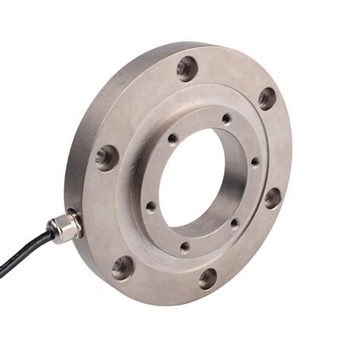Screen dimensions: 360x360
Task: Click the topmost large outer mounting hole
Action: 187,68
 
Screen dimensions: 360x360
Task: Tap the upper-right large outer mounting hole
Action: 267,97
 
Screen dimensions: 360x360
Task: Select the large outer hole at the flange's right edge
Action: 272,197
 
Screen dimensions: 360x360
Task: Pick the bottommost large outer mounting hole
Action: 207,278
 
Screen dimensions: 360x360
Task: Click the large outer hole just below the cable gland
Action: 122,267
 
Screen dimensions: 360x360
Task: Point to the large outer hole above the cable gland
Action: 107,157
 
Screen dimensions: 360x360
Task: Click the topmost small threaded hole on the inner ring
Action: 226,118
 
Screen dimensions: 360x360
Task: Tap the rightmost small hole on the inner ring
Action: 255,162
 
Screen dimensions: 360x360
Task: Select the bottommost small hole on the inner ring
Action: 185,247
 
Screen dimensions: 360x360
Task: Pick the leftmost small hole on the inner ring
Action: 151,206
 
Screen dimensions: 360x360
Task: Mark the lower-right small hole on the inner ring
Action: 234,223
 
